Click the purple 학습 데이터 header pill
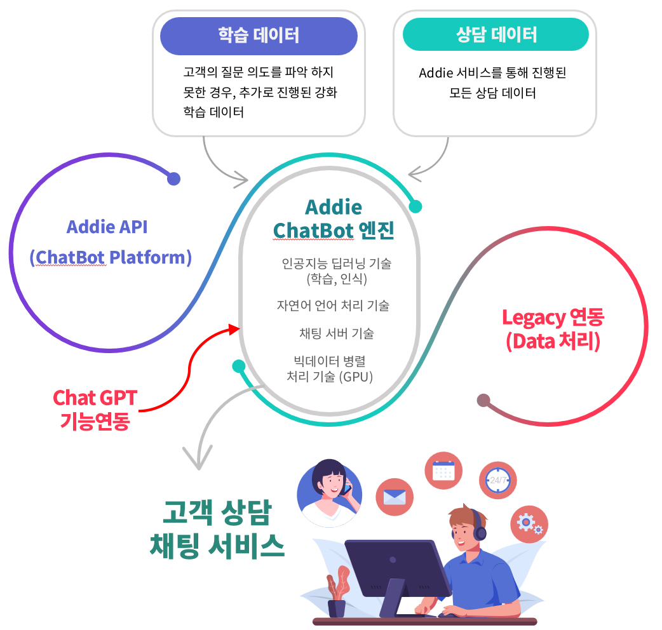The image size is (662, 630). point(259,36)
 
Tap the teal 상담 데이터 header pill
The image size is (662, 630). point(496,34)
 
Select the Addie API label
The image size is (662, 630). point(107,227)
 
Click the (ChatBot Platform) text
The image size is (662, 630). point(111,257)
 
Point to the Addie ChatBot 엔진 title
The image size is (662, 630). point(334,218)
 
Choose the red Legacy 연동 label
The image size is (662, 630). point(553,318)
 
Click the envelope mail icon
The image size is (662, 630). point(395,497)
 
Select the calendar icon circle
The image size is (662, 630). point(443,471)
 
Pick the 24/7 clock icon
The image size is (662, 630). point(497,480)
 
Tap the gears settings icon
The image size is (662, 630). point(529,524)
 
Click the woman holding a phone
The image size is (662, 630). point(330,493)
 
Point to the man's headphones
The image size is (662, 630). point(478,525)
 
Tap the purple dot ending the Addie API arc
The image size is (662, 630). point(173,178)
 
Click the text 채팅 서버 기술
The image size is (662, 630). point(337,333)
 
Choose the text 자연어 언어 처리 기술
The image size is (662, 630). point(333,305)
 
